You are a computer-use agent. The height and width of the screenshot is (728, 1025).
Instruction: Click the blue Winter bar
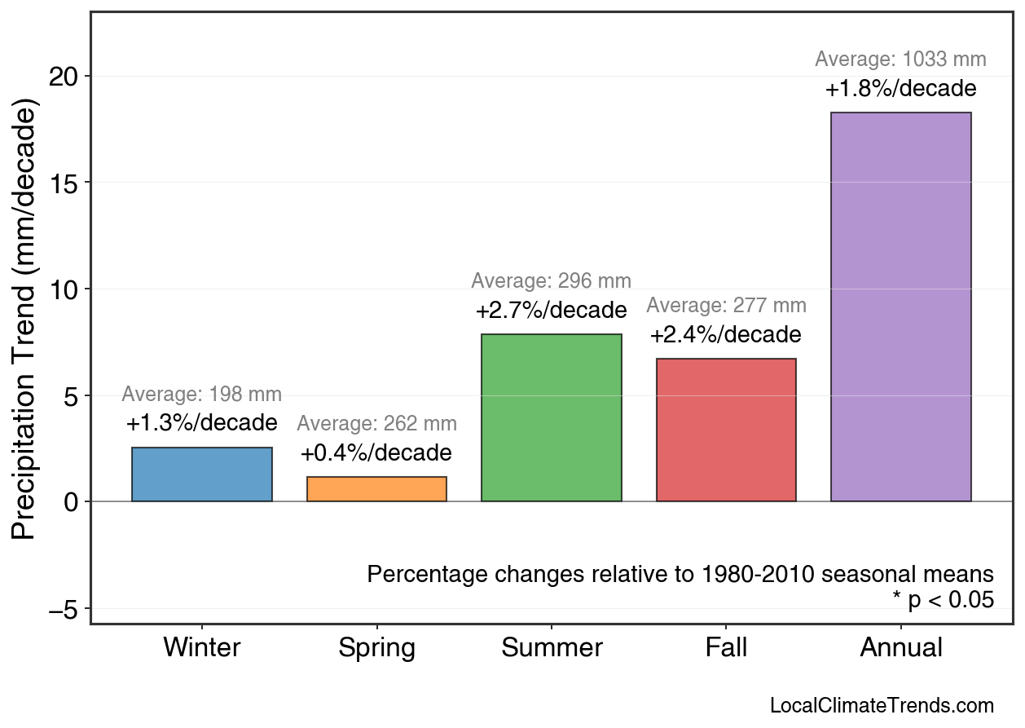click(201, 474)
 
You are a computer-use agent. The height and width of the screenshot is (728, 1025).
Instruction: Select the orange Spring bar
click(376, 489)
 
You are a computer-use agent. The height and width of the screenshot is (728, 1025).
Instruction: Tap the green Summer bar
click(551, 417)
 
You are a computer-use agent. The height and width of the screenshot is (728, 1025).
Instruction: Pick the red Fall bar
click(726, 430)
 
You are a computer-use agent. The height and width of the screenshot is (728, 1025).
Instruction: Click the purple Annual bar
click(900, 307)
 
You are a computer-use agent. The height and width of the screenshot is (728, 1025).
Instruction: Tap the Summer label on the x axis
click(552, 648)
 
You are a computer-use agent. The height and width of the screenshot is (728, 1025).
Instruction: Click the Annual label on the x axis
click(901, 648)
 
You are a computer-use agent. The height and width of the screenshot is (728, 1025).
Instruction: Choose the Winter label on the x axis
click(202, 648)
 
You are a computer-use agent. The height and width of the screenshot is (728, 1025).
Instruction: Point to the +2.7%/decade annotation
click(551, 311)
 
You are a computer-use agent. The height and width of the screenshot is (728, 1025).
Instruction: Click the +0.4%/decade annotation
click(376, 453)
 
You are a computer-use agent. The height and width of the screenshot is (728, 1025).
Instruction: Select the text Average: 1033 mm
click(900, 60)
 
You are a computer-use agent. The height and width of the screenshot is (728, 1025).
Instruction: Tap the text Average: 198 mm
click(201, 395)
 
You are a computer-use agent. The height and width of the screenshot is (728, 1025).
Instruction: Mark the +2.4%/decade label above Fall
click(725, 335)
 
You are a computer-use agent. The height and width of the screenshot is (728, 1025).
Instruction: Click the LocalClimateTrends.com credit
click(882, 706)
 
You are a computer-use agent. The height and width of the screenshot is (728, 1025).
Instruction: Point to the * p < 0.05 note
click(943, 600)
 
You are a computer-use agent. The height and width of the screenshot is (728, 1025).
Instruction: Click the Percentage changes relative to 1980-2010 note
click(680, 574)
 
